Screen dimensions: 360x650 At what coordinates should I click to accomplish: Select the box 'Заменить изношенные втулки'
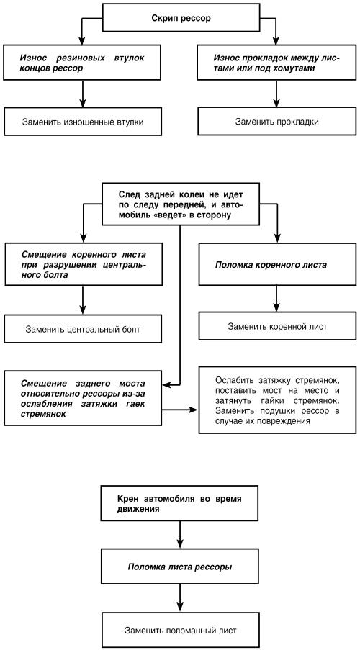pyautogui.click(x=83, y=122)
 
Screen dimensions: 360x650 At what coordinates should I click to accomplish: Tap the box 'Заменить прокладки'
pyautogui.click(x=276, y=122)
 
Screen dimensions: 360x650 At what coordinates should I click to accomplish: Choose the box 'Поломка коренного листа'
pyautogui.click(x=277, y=264)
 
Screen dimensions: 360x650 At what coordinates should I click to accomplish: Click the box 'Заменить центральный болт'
pyautogui.click(x=83, y=330)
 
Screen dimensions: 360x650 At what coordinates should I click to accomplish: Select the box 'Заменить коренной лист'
pyautogui.click(x=277, y=326)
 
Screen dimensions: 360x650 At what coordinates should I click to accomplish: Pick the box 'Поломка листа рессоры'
pyautogui.click(x=179, y=567)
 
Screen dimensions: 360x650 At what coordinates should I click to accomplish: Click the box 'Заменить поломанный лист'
pyautogui.click(x=181, y=631)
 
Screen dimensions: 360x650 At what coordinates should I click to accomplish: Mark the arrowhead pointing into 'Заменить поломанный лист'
pyautogui.click(x=180, y=608)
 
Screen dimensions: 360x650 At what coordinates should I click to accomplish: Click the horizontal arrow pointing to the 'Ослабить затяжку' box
pyautogui.click(x=181, y=410)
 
